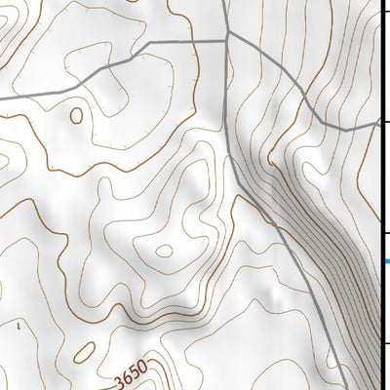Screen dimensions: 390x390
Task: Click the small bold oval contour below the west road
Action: click(76, 115)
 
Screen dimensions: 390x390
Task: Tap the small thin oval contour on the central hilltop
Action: click(164, 251)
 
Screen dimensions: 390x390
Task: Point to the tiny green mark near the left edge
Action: click(19, 325)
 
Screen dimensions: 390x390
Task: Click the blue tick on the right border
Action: click(386, 260)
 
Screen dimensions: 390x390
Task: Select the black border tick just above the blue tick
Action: click(385, 233)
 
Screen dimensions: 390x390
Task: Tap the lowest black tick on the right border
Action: click(385, 343)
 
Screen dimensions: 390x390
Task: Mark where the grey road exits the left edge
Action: click(2, 98)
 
